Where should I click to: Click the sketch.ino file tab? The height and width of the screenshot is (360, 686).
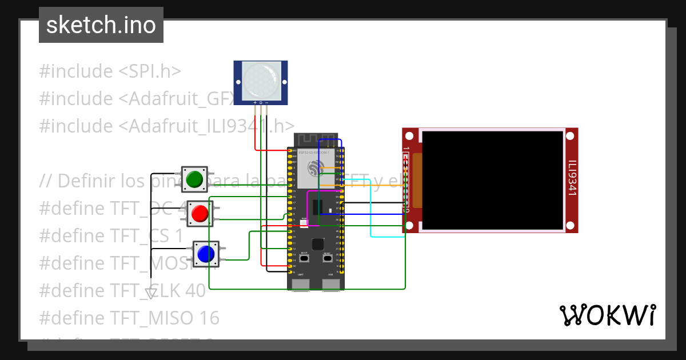pyautogui.click(x=101, y=25)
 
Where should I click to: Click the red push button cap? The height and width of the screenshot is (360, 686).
pyautogui.click(x=200, y=213)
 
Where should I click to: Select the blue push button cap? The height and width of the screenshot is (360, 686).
pyautogui.click(x=205, y=253)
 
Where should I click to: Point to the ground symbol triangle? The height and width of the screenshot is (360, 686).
pyautogui.click(x=151, y=293)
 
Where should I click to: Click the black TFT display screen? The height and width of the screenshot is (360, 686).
pyautogui.click(x=492, y=179)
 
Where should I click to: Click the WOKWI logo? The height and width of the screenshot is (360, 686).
pyautogui.click(x=607, y=315)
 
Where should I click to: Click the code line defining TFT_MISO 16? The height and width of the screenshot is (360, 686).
pyautogui.click(x=129, y=318)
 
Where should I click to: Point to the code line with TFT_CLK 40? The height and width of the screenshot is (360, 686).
pyautogui.click(x=122, y=291)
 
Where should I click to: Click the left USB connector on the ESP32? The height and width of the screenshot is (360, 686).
pyautogui.click(x=301, y=284)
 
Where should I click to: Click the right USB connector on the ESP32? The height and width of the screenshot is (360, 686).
pyautogui.click(x=330, y=284)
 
